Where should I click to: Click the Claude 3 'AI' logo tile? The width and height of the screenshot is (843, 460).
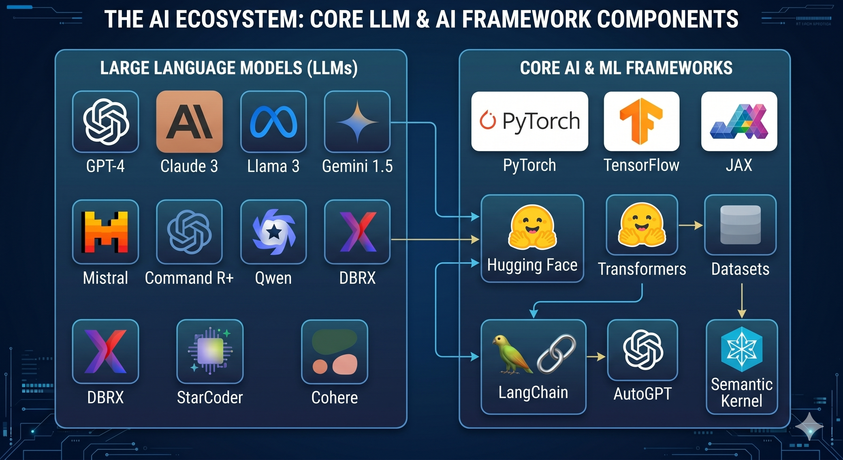coord(189,122)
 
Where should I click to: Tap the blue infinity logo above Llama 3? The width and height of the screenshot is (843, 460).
coord(274,122)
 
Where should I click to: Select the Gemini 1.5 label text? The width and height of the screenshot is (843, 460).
coord(357,166)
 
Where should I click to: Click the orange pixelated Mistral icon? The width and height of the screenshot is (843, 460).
coord(105,232)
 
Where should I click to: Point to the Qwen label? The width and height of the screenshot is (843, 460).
coord(273,278)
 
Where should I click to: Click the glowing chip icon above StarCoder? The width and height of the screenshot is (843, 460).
coord(210,351)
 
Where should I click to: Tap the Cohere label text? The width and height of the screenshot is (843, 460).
coord(334,397)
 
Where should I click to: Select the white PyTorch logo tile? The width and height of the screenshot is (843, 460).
coord(530,121)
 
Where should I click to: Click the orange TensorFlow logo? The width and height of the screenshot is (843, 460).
coord(642,121)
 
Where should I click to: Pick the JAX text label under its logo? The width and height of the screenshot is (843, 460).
coord(739,165)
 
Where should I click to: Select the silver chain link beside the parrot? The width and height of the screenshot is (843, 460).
coord(556,354)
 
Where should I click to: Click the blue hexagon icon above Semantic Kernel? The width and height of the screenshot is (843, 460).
coord(742,349)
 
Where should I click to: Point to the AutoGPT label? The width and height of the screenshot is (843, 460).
coord(642,394)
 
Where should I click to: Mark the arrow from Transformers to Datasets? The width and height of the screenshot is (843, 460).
coord(691,225)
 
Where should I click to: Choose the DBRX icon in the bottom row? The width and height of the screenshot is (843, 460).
coord(105,351)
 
